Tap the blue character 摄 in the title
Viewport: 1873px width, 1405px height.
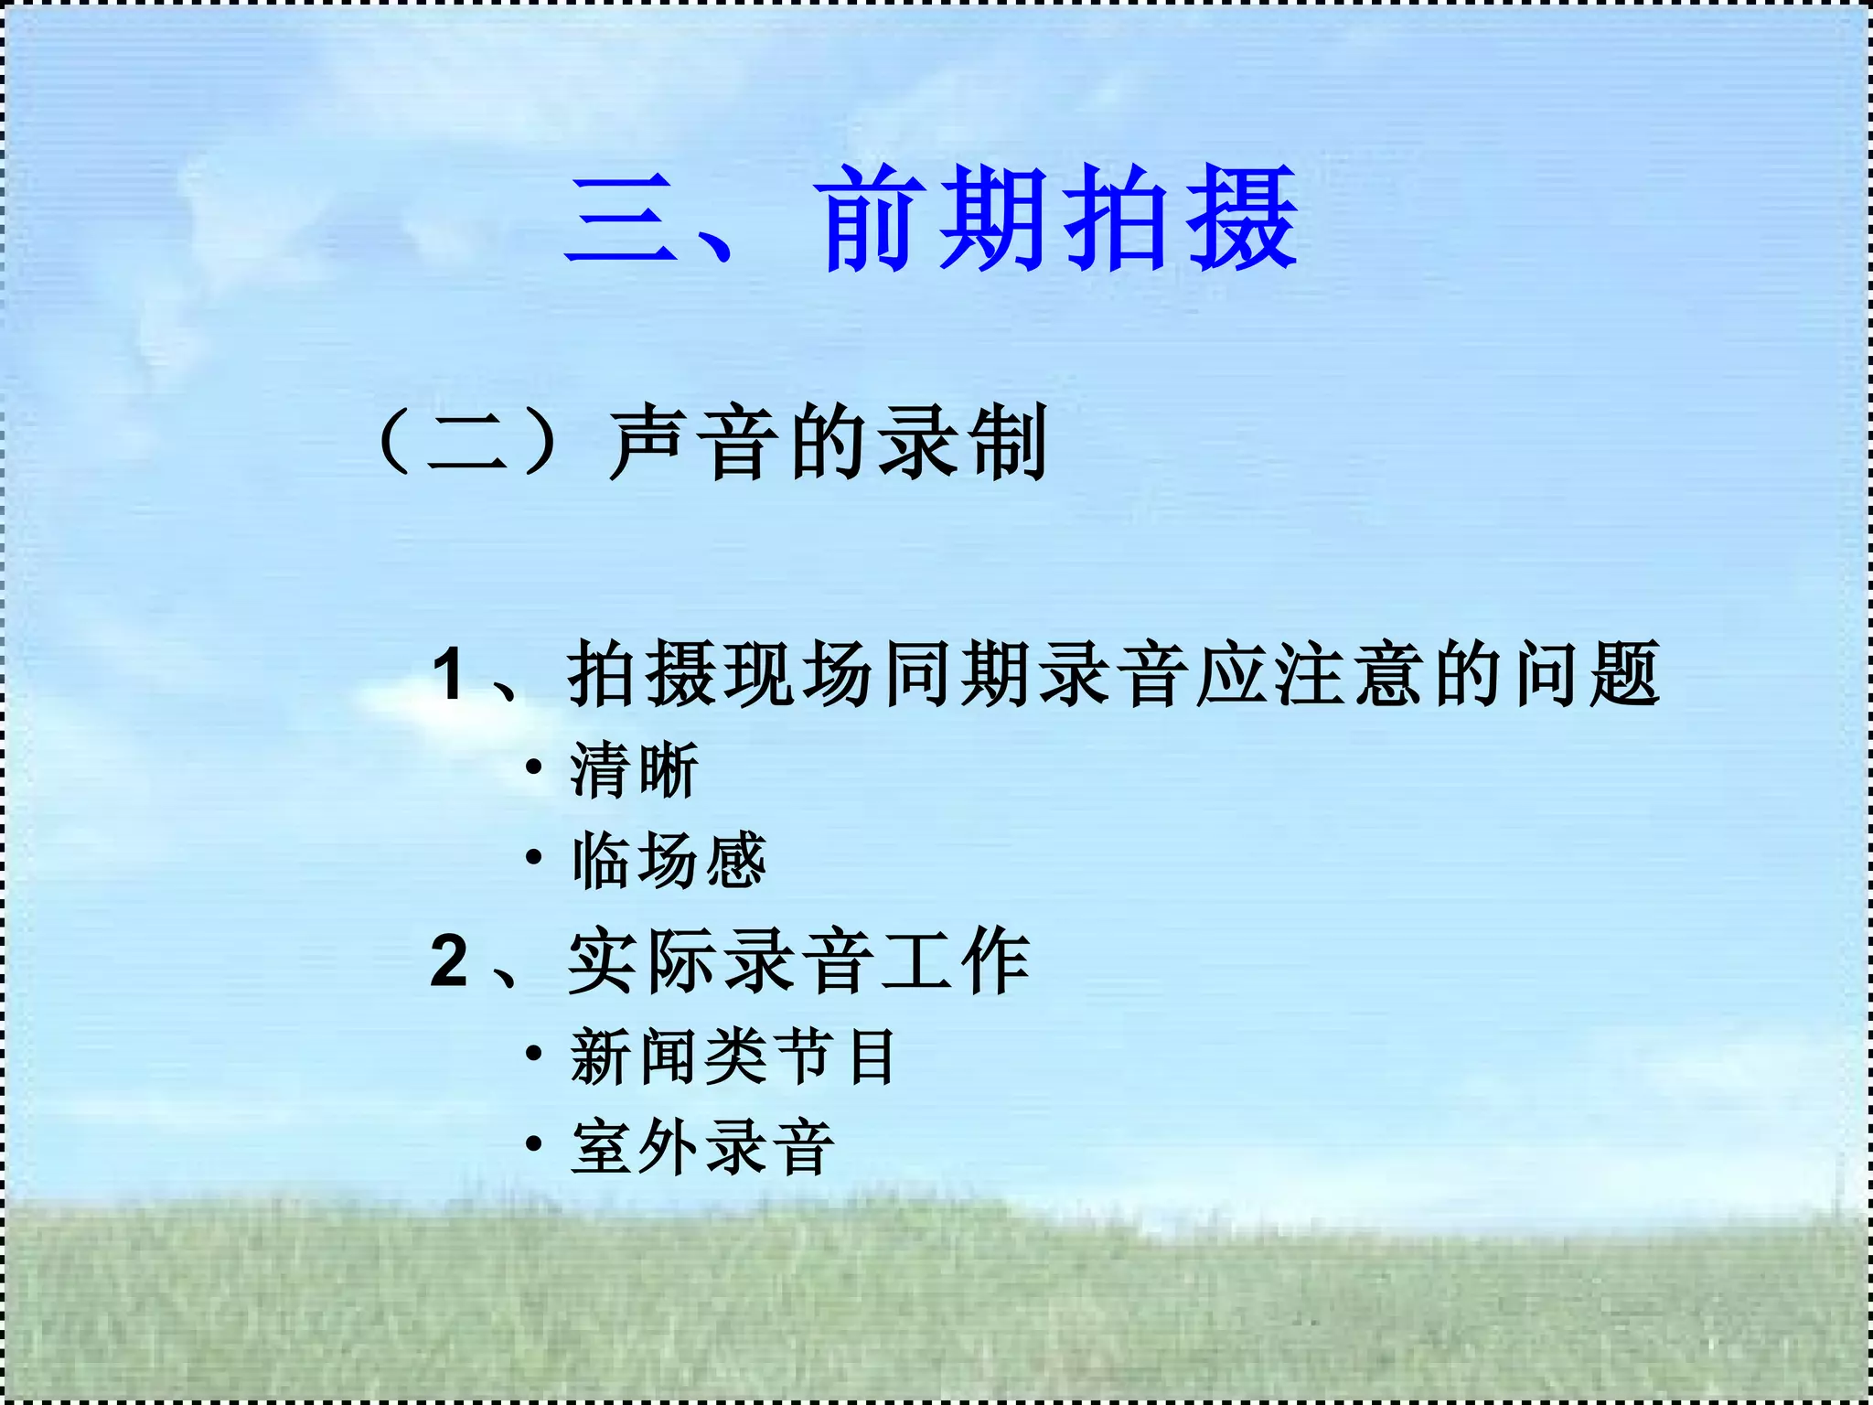tap(1240, 220)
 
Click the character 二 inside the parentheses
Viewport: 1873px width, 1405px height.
tap(467, 445)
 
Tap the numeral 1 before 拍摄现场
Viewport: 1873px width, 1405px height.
tap(449, 675)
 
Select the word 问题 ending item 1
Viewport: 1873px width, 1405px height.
tap(1587, 675)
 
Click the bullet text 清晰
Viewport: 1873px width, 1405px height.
tap(635, 770)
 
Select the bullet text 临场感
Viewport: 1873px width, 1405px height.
tap(669, 860)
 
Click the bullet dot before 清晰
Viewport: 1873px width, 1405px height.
tap(534, 767)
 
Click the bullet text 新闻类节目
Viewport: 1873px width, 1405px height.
tap(733, 1056)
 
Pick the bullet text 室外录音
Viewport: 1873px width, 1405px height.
tap(702, 1147)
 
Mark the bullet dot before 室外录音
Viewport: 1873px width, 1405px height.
tap(534, 1144)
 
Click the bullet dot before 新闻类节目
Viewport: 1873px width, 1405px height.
tap(534, 1054)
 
